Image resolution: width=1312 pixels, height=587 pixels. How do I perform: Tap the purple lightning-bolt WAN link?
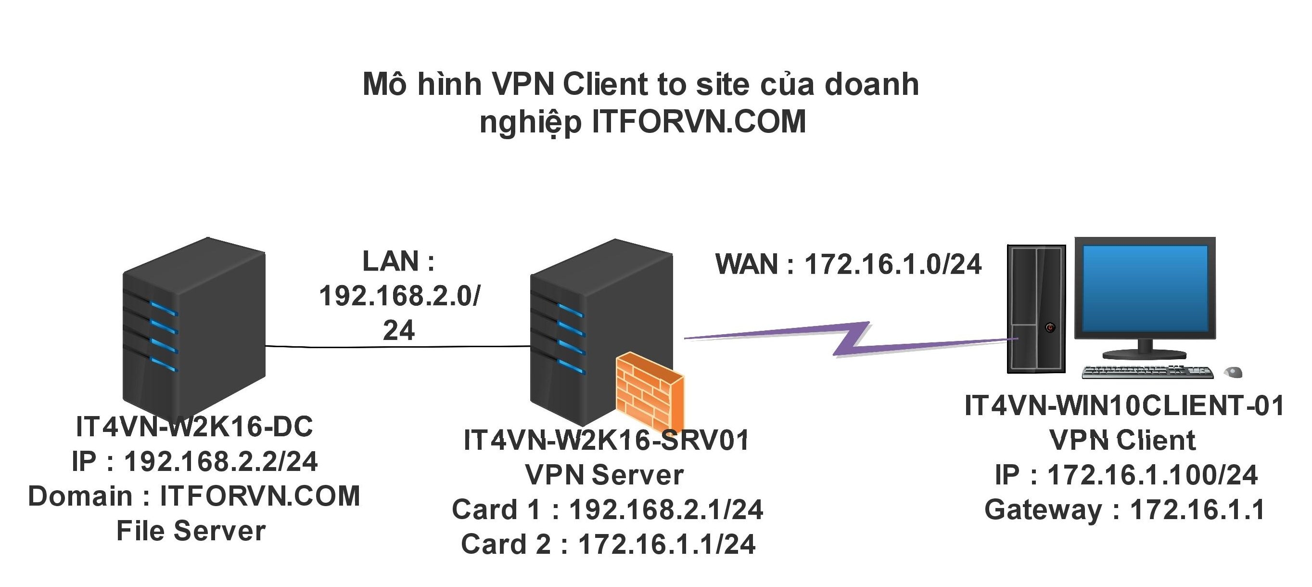[851, 339]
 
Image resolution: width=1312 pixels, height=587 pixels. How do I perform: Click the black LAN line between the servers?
[397, 347]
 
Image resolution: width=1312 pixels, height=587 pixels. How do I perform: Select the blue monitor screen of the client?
[1145, 288]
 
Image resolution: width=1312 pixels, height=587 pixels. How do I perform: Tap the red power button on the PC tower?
[1050, 327]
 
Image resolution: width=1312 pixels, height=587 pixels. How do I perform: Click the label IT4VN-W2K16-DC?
[194, 427]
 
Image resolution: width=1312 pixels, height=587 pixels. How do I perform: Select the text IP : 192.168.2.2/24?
[194, 461]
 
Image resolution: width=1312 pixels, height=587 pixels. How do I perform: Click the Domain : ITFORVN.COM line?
[194, 496]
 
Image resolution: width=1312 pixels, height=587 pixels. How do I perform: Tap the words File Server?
[191, 531]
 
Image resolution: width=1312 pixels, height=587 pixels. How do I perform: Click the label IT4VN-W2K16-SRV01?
[606, 440]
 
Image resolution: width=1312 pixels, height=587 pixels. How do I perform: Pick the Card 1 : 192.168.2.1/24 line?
[608, 509]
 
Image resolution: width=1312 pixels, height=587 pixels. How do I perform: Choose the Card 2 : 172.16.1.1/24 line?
[608, 544]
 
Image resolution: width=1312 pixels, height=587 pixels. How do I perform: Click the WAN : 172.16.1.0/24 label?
[848, 264]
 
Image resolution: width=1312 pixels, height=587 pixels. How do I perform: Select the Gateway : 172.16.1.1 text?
[1124, 509]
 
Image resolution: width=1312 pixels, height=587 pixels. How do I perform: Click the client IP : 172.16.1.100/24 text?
[1126, 475]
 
